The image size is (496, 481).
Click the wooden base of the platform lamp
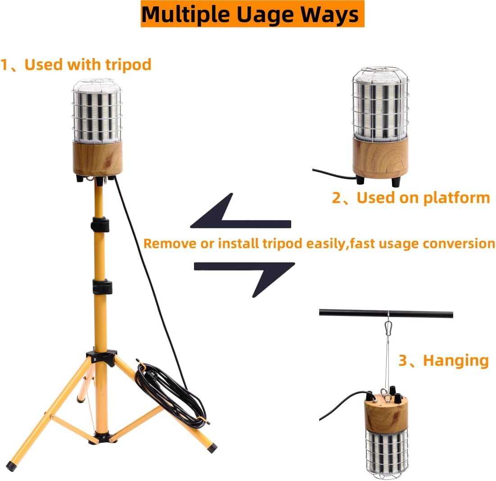(x=380, y=158)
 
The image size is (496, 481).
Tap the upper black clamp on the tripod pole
(x=100, y=224)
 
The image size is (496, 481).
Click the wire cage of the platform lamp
(x=380, y=101)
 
